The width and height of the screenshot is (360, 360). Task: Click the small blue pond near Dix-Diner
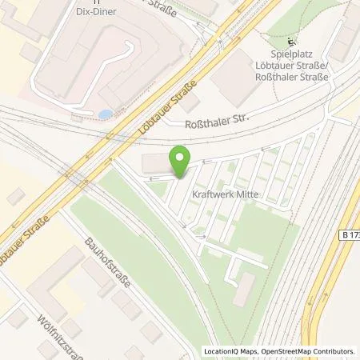point(105,114)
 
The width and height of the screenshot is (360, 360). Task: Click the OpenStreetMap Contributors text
point(304,351)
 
